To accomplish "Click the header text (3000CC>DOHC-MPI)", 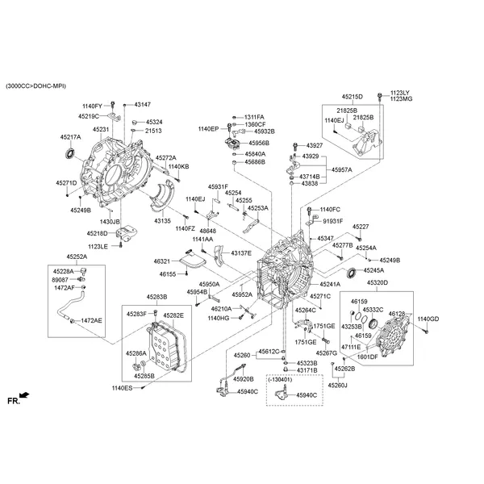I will (x=35, y=86).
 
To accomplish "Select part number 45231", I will (x=101, y=129).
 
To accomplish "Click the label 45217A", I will (x=70, y=137).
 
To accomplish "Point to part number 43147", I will (x=142, y=105).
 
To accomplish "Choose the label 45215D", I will (x=352, y=96).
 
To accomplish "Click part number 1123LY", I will (x=400, y=92).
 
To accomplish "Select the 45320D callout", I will (x=377, y=283).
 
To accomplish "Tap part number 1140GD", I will (x=428, y=319).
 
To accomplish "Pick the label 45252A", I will (x=77, y=257).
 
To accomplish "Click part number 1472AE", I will (x=91, y=320).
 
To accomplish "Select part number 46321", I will (x=162, y=261).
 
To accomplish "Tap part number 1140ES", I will (x=122, y=388).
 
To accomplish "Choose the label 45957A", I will (x=342, y=170).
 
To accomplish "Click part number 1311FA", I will (x=254, y=117).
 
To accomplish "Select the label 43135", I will (x=163, y=220).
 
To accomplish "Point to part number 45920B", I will (x=244, y=378).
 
